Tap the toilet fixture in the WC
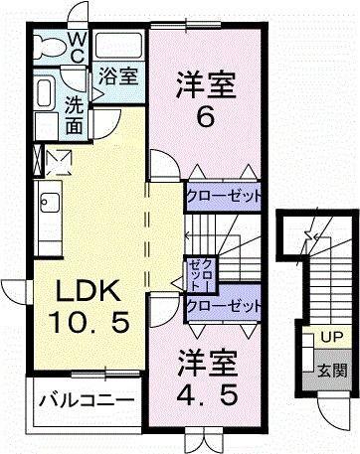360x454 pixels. pos(48,46)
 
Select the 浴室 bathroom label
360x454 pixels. pos(118,75)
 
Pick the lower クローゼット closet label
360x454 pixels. pos(225,305)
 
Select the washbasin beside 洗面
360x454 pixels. pos(45,94)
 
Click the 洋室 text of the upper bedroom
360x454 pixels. pos(206,82)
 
